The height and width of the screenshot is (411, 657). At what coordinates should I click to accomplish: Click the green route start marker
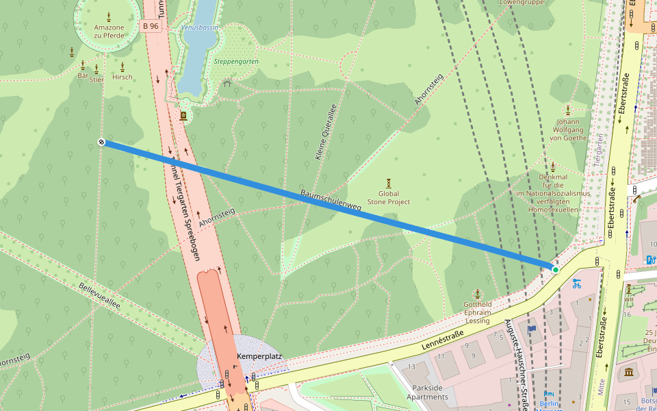click(556, 270)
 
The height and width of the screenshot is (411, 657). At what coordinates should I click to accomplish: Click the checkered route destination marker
click(101, 142)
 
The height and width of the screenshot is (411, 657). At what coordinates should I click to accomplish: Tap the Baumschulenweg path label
click(331, 200)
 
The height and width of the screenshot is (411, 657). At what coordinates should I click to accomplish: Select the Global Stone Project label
click(389, 198)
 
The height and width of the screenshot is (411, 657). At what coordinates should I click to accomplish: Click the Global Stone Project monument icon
click(389, 182)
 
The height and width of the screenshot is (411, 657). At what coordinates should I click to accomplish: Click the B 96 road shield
click(151, 26)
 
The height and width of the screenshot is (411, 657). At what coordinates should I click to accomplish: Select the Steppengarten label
click(235, 61)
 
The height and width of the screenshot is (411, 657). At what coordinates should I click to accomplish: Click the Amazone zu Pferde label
click(109, 32)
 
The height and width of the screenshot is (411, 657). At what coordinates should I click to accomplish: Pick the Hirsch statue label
click(122, 77)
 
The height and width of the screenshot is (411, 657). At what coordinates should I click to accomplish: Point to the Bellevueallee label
click(99, 296)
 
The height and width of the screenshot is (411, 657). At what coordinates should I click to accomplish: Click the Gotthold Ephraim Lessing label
click(478, 312)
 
